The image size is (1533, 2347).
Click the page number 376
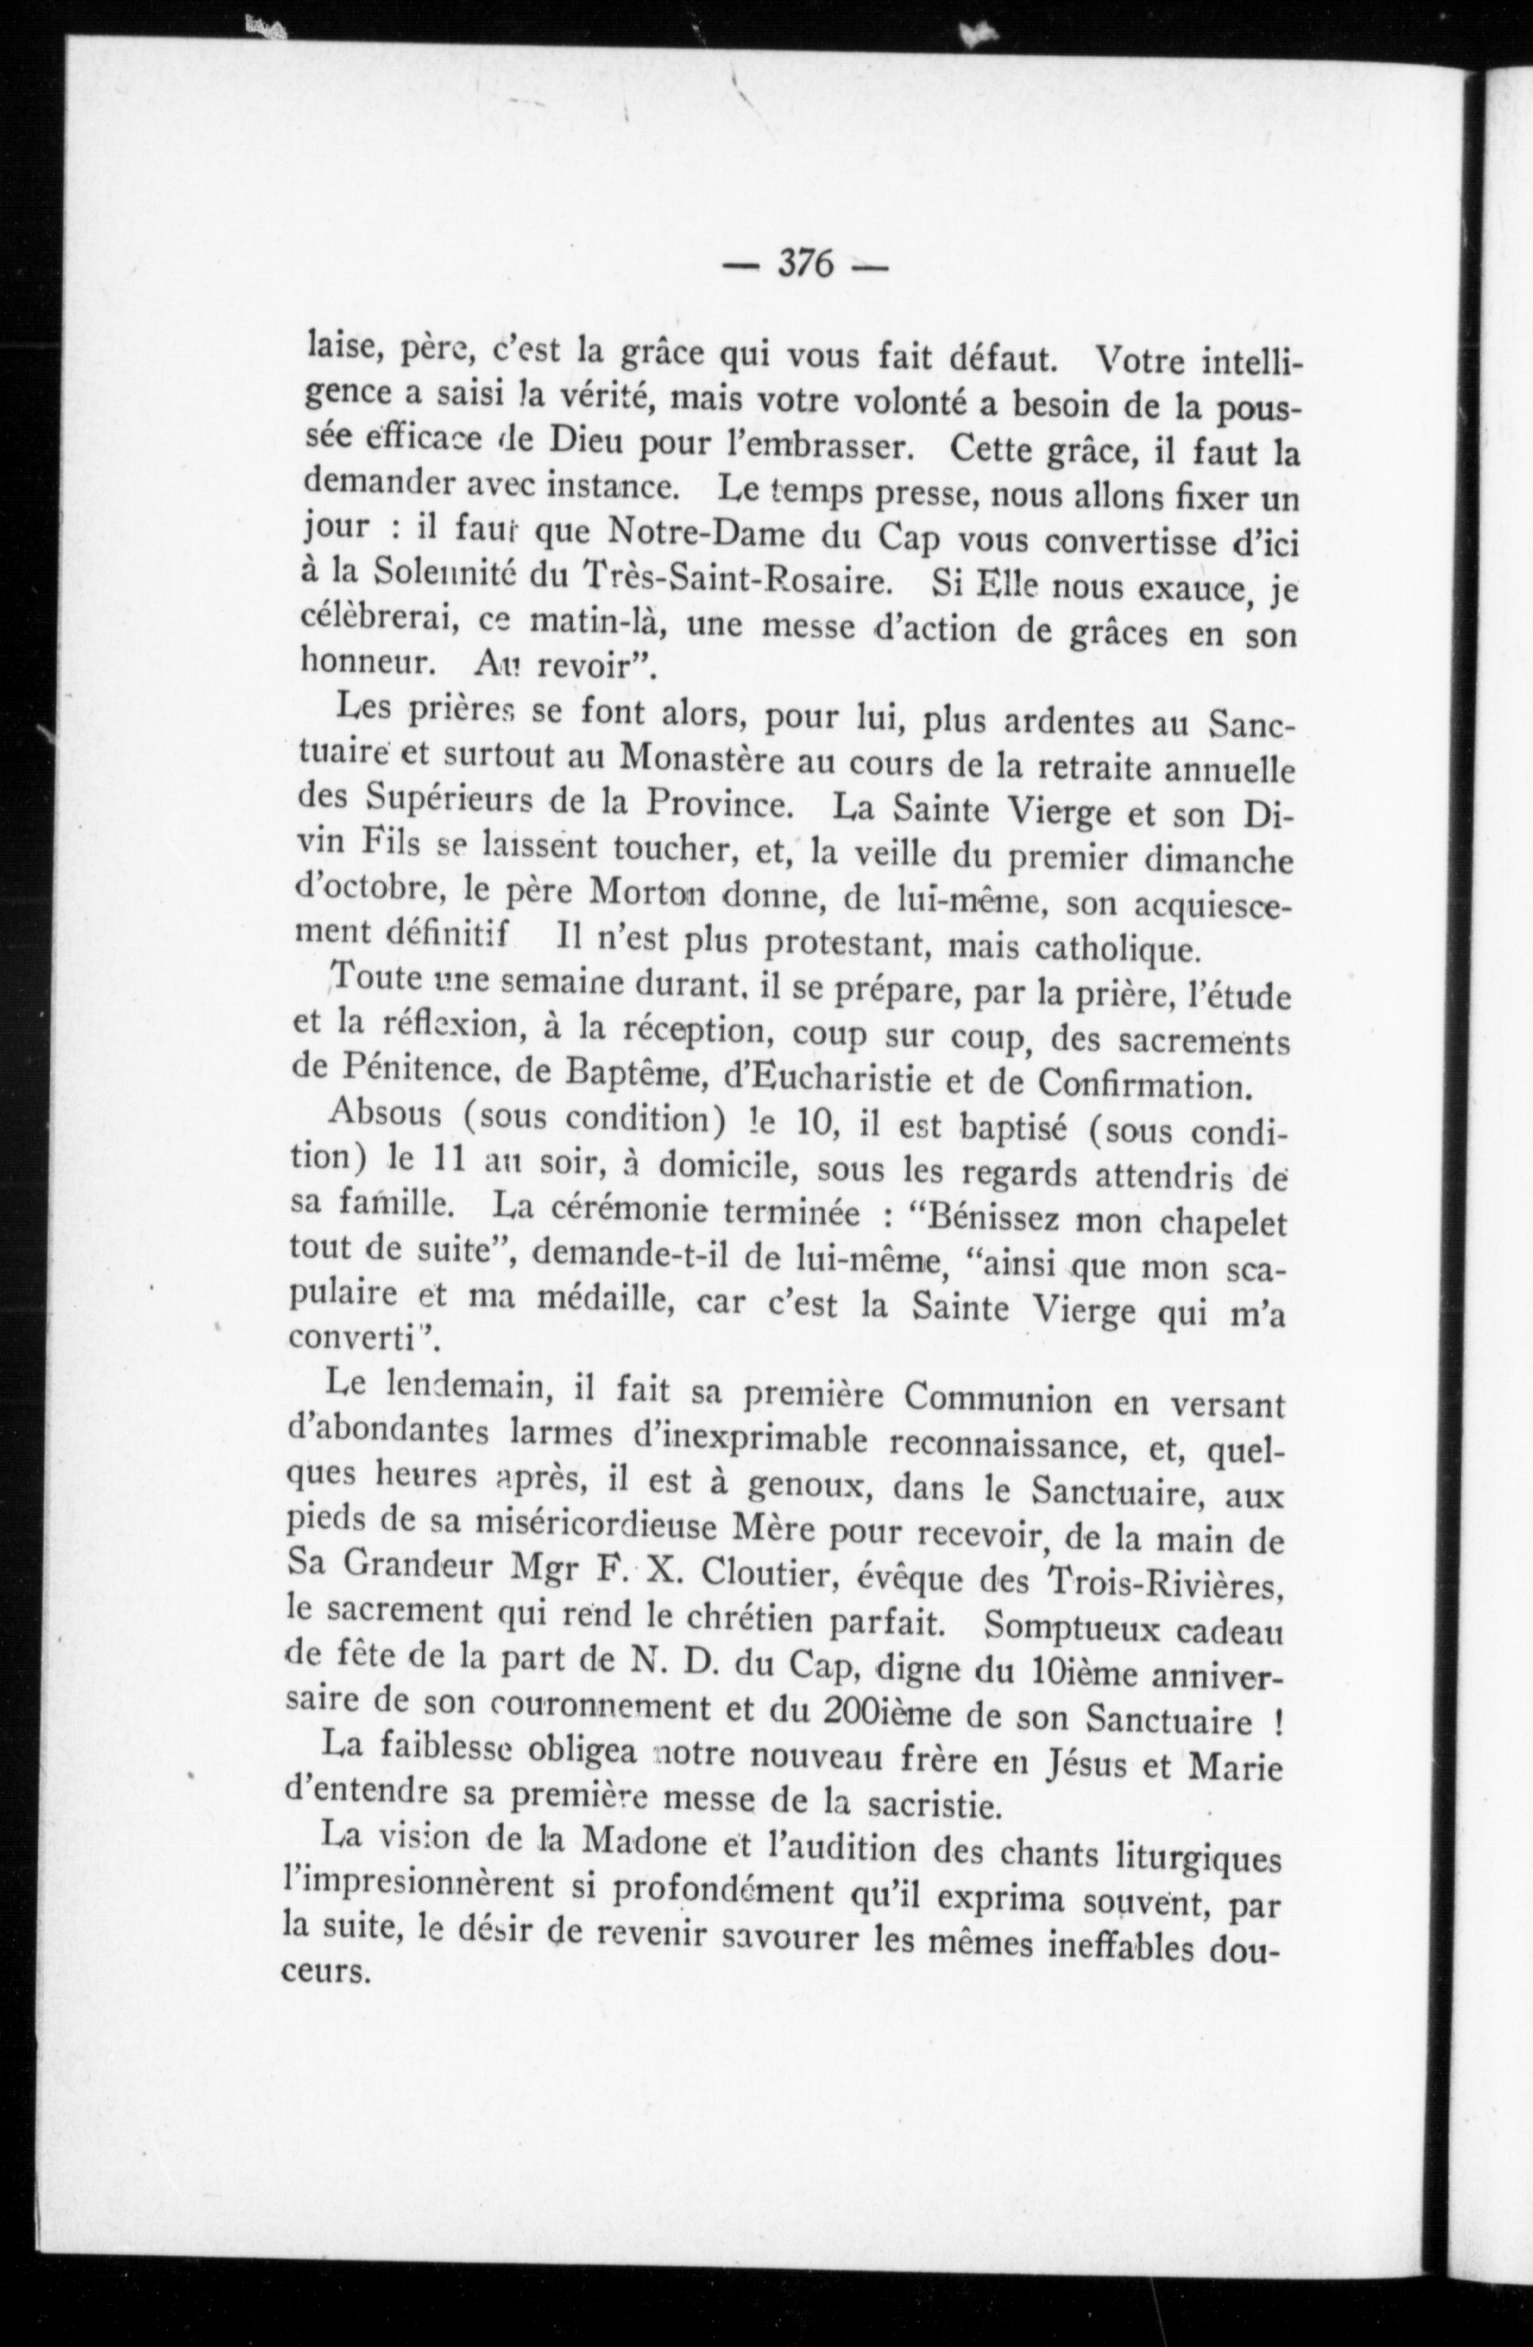tap(806, 265)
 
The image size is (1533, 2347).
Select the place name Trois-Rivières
tap(1170, 1585)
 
